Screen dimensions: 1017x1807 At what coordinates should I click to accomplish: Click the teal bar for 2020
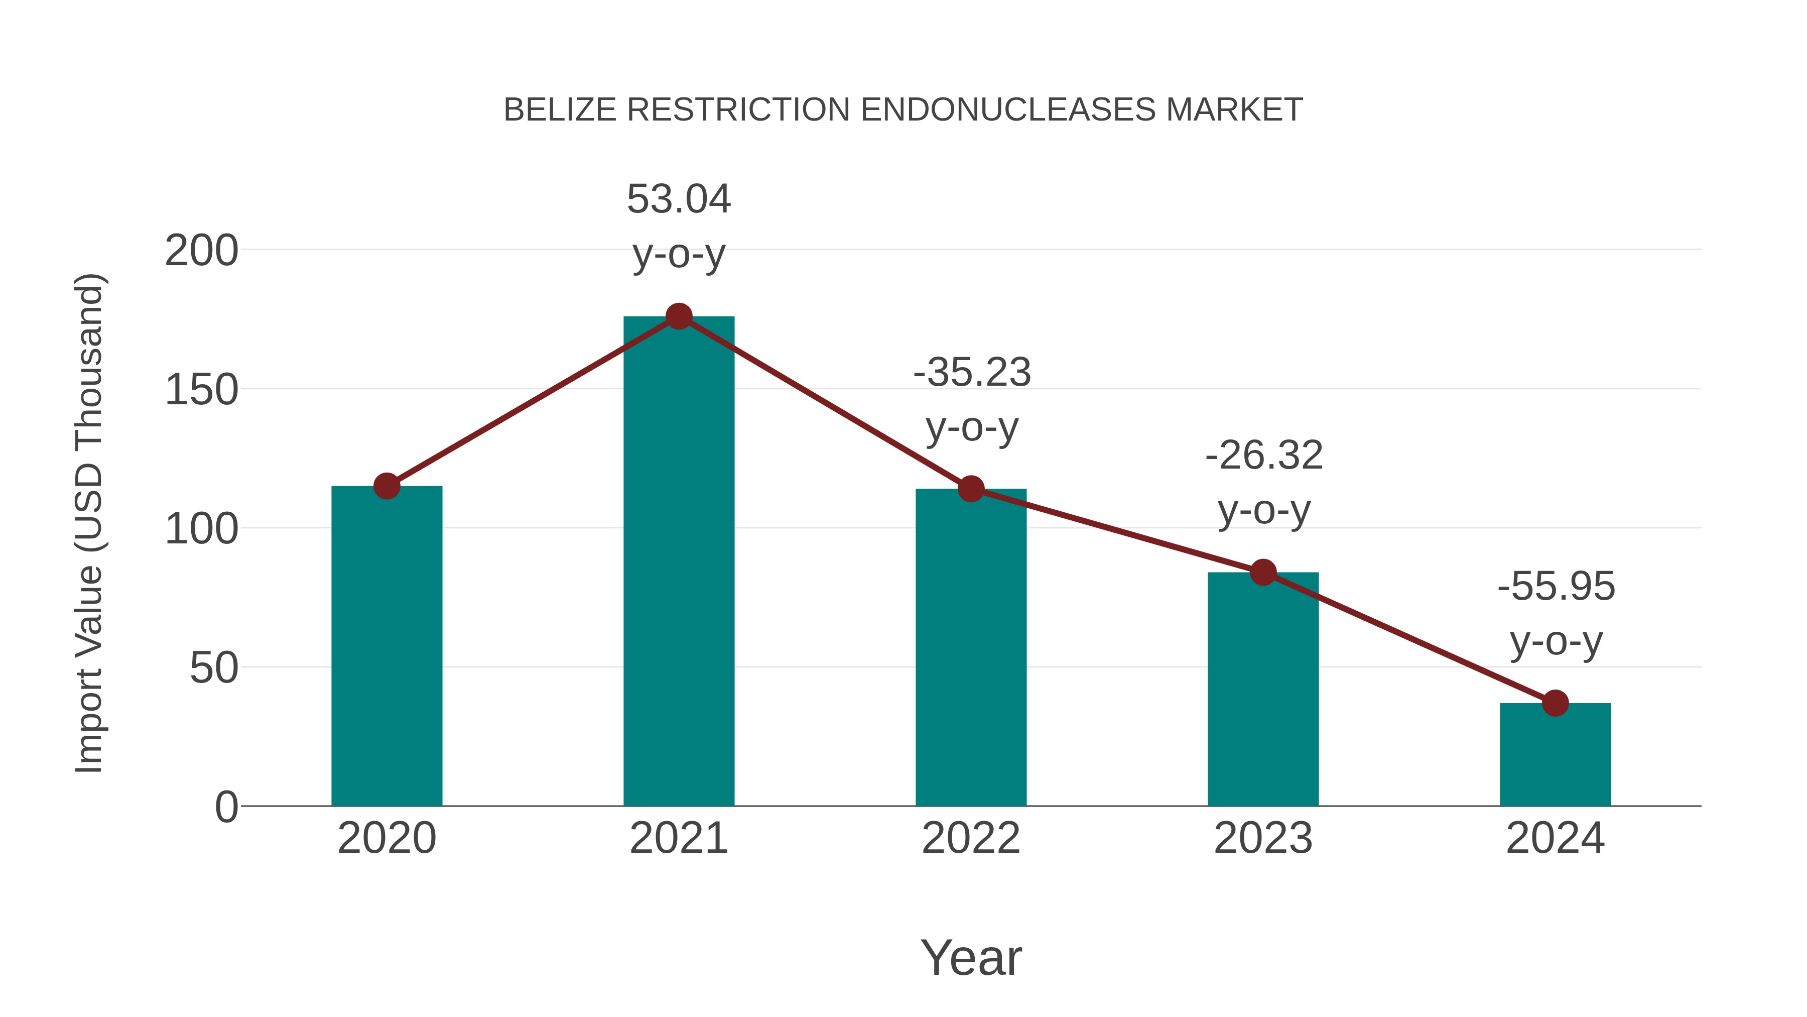386,646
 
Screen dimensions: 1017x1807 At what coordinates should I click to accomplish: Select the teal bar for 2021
678,561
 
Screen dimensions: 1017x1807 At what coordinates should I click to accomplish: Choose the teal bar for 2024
1555,754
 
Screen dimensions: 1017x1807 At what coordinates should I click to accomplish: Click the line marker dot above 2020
386,486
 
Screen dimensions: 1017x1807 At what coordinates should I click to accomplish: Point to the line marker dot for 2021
678,316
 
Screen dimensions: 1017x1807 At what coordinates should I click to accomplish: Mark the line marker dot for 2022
971,489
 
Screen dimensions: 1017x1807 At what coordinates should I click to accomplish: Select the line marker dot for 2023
1263,573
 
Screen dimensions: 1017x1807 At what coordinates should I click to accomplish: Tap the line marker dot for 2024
1555,703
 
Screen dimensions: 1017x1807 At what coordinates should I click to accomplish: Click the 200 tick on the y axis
201,251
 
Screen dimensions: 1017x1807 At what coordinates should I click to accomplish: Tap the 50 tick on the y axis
213,667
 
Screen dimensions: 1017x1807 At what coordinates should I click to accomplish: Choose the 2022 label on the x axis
971,838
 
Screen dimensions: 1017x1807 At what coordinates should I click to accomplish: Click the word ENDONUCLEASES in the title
1007,110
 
